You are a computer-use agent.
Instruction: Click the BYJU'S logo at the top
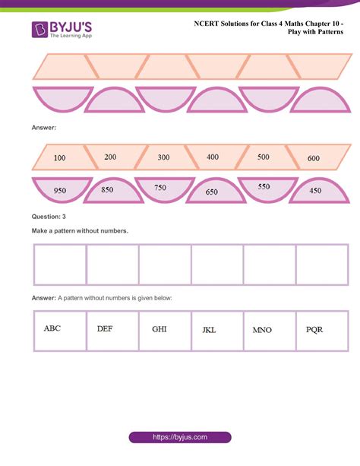coord(62,30)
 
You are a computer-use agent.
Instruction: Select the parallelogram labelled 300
coord(163,158)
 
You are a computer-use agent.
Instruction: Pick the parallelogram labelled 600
coord(312,158)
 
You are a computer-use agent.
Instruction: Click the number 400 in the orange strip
coord(213,157)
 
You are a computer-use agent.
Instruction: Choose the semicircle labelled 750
coord(161,189)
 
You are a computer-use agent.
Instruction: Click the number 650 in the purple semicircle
coord(212,192)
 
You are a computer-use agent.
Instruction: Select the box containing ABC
coord(60,331)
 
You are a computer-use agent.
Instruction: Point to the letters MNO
coord(262,331)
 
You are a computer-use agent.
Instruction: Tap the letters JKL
coord(210,331)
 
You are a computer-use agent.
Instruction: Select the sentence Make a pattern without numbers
coord(80,230)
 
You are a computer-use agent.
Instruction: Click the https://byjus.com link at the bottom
coord(180,438)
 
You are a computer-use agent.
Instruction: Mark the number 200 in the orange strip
coord(111,157)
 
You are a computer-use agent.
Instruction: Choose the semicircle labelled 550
coord(263,186)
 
